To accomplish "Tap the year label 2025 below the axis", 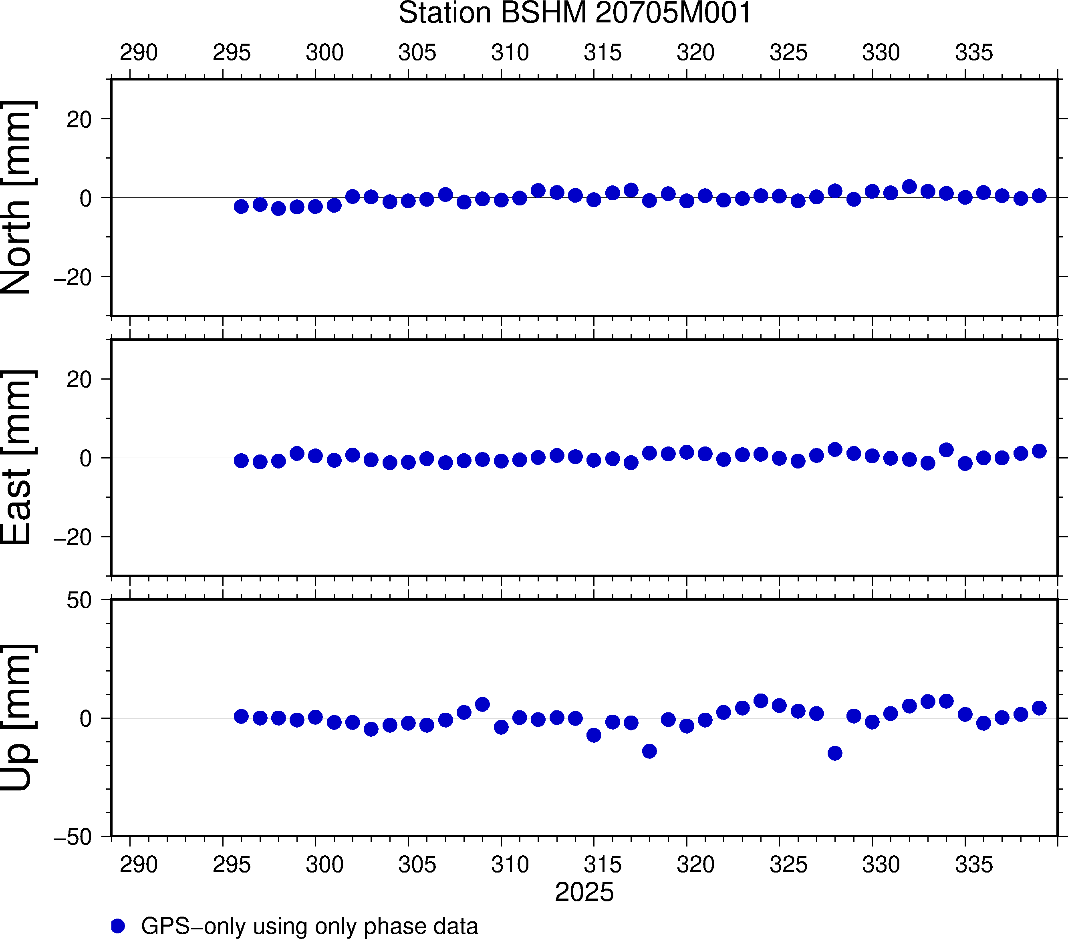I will point(584,892).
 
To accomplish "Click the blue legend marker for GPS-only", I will point(118,926).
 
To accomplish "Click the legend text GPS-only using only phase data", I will point(309,926).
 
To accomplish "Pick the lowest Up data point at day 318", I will point(649,751).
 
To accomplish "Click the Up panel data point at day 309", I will point(482,704).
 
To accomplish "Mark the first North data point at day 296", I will point(241,206).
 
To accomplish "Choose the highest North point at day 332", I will point(909,187).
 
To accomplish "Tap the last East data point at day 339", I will point(1039,451).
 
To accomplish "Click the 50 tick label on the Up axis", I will point(79,601).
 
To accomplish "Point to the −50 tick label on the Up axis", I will point(72,836).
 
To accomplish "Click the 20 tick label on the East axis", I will point(79,380).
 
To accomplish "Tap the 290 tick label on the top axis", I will point(139,53).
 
